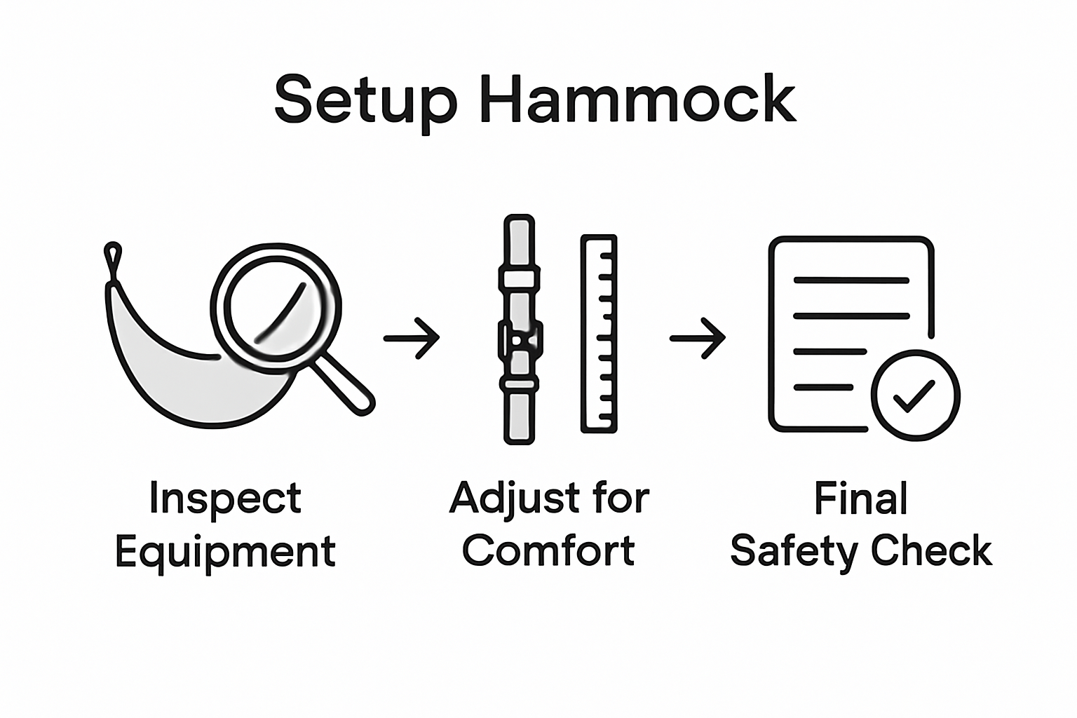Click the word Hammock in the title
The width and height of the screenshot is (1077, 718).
pos(638,100)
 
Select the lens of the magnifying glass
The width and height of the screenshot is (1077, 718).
pos(275,306)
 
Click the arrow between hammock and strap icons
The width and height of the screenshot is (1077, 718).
pos(412,338)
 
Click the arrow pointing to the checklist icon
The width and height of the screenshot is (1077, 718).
pos(698,338)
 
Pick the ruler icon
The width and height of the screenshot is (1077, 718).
pos(599,333)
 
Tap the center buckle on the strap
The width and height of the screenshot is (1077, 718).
pos(520,339)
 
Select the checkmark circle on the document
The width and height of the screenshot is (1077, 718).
pos(915,395)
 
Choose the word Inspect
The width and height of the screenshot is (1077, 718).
pos(225,499)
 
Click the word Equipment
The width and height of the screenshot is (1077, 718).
pos(225,553)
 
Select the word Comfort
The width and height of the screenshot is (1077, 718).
pos(548,551)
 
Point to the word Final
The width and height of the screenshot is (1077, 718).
pos(861,499)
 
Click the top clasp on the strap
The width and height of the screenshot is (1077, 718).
pos(520,277)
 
